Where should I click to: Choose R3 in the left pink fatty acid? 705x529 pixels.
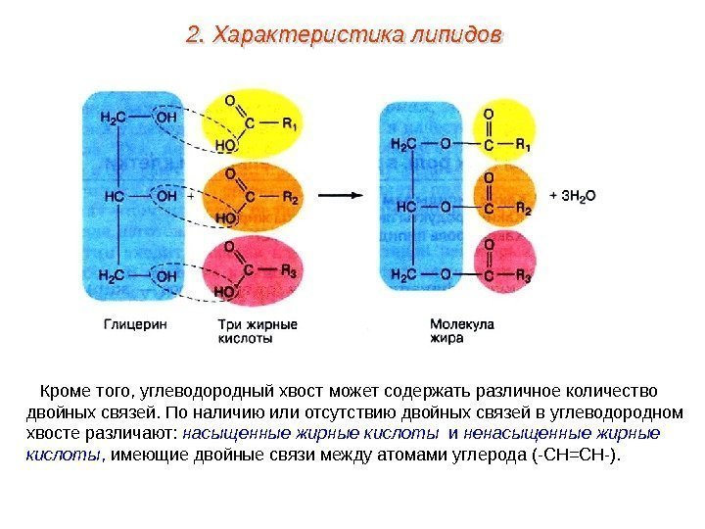(289, 270)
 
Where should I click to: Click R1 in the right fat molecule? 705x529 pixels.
(524, 145)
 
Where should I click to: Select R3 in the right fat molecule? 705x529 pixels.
(524, 276)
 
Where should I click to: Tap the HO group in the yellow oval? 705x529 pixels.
(224, 144)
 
